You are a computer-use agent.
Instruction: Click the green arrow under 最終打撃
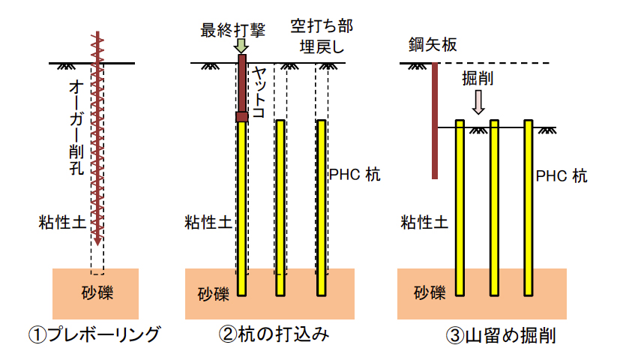pyautogui.click(x=241, y=46)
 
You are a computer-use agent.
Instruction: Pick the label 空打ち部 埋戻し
pyautogui.click(x=321, y=36)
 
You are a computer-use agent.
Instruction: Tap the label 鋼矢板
pyautogui.click(x=433, y=44)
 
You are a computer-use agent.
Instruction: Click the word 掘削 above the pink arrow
pyautogui.click(x=477, y=77)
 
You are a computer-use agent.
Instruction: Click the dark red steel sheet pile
pyautogui.click(x=435, y=121)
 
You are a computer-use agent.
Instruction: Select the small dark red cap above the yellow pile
pyautogui.click(x=241, y=116)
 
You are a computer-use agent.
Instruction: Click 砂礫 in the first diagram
pyautogui.click(x=97, y=290)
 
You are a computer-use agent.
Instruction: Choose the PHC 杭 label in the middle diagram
pyautogui.click(x=355, y=175)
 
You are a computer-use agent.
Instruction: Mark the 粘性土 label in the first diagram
pyautogui.click(x=61, y=221)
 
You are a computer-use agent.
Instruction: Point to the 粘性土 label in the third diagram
pyautogui.click(x=424, y=222)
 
